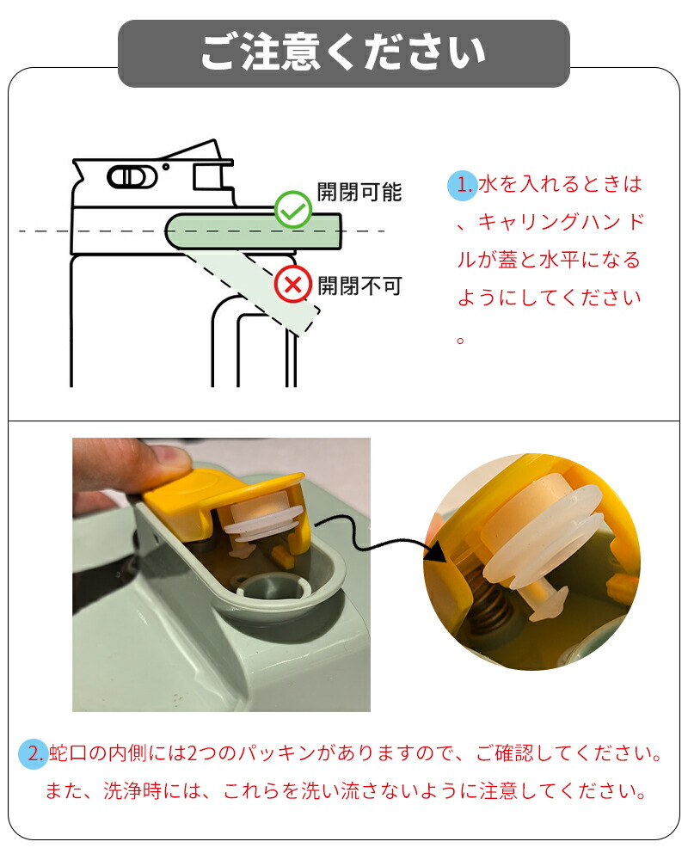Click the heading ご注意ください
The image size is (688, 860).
click(343, 52)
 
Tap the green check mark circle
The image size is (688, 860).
click(293, 210)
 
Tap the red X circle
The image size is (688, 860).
click(293, 285)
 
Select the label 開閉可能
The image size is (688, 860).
click(359, 192)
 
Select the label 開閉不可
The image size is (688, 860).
click(360, 286)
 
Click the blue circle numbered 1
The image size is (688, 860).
click(462, 186)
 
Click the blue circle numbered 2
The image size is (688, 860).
click(34, 753)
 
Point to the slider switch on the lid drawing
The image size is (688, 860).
click(132, 176)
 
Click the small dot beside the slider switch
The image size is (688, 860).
click(166, 166)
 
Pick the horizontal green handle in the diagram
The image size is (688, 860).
click(253, 231)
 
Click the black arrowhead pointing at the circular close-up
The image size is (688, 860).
click(436, 551)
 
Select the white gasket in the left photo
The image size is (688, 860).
click(263, 521)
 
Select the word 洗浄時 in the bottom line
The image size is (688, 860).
click(132, 791)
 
